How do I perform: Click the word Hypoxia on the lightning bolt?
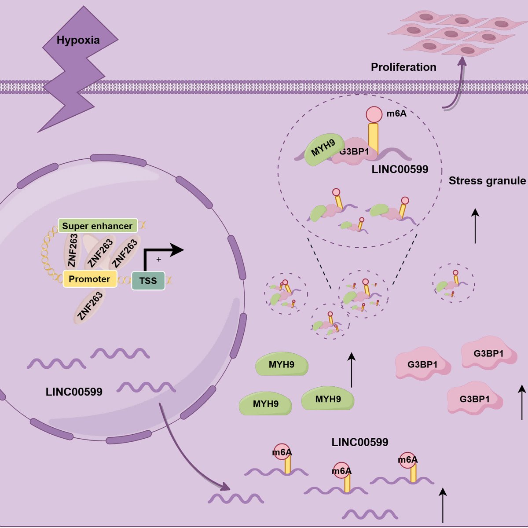[x=78, y=40]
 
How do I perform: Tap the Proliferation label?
[x=403, y=67]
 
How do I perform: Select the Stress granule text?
[x=487, y=181]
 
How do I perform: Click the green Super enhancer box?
[x=97, y=226]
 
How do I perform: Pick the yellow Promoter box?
[x=90, y=279]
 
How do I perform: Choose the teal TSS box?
[x=148, y=281]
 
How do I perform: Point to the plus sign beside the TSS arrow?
[x=158, y=260]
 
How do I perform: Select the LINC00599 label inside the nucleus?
[x=74, y=392]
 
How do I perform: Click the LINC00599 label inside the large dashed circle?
[x=400, y=169]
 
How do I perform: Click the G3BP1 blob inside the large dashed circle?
[x=355, y=153]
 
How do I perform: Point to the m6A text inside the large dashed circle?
[x=396, y=114]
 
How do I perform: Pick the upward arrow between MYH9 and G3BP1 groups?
[x=352, y=370]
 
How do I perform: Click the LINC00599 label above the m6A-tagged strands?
[x=360, y=442]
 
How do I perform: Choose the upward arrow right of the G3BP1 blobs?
[x=522, y=403]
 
